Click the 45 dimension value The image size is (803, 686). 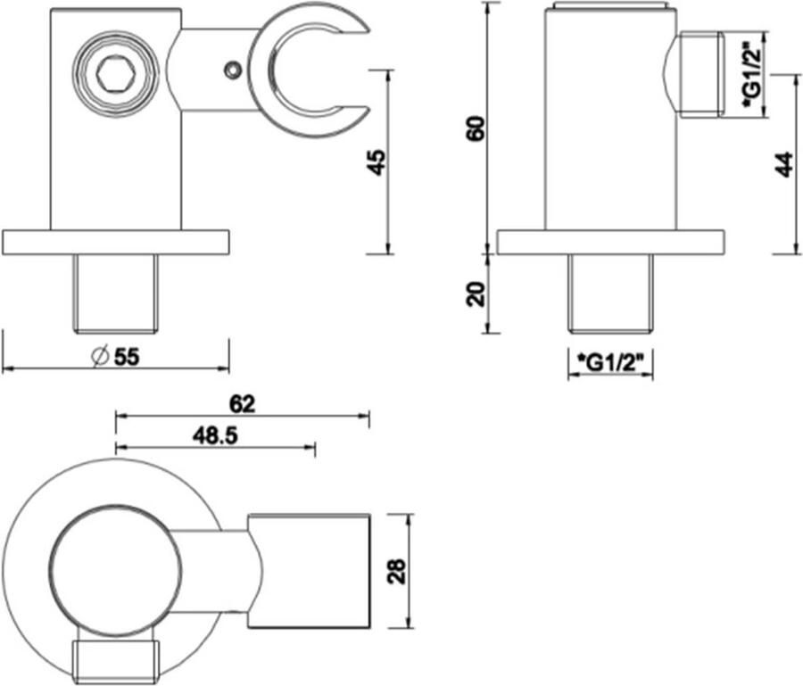click(377, 162)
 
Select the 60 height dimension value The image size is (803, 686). click(476, 129)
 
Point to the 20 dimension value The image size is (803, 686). click(476, 293)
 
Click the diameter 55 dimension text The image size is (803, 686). click(115, 357)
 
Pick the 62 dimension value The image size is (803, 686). click(242, 404)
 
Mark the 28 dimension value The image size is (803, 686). click(397, 571)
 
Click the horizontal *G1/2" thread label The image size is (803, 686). click(610, 362)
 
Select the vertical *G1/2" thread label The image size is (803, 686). click(753, 74)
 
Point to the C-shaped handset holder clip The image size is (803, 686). click(309, 71)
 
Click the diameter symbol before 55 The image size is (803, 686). click(99, 357)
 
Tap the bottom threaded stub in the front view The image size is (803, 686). click(116, 293)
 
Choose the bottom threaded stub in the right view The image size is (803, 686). click(611, 293)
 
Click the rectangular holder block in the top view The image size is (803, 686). click(309, 571)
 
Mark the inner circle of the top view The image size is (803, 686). click(116, 571)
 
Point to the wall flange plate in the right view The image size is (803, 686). click(610, 242)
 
